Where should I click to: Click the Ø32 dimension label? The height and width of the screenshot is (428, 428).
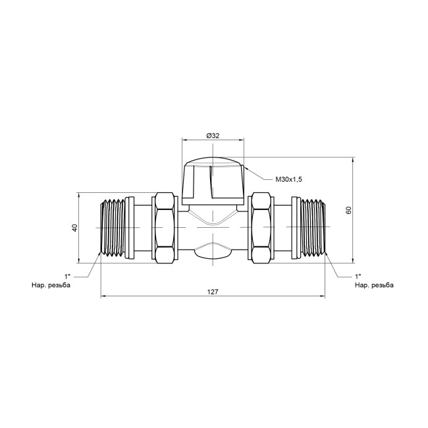click(x=213, y=136)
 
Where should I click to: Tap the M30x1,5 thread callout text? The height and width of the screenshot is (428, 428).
click(x=288, y=180)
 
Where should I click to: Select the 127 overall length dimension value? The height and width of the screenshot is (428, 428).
click(x=213, y=292)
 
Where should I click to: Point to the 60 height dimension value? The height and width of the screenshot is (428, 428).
click(x=348, y=210)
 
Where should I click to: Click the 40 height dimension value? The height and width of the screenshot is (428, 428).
click(x=75, y=228)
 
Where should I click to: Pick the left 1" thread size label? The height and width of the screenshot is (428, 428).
click(x=67, y=277)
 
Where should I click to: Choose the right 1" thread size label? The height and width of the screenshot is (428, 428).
click(x=358, y=277)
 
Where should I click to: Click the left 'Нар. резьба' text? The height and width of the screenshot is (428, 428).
click(x=51, y=285)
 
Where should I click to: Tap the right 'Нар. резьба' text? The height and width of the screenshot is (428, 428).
click(x=374, y=285)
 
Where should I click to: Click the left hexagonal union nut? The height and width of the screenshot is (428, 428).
click(x=165, y=228)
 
